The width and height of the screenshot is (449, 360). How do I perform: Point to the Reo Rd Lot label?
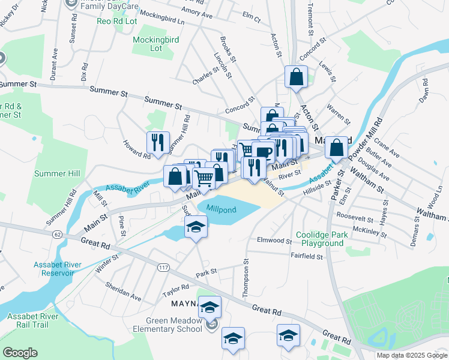point(117,21)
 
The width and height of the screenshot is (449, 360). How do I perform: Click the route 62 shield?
point(58,233)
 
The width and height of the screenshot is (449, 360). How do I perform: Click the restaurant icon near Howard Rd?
point(158,142)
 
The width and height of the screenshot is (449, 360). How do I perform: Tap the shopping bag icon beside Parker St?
point(338,147)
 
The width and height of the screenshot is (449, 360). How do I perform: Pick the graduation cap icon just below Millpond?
point(196,228)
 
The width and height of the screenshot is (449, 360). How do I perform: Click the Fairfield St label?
point(306,257)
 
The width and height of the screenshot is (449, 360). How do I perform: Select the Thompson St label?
point(245,278)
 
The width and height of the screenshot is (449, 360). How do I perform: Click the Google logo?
point(20,353)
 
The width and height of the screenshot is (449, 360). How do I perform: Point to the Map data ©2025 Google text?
point(411,355)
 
